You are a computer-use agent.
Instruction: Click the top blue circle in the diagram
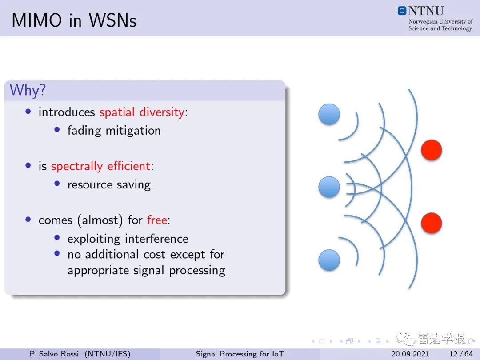click(x=329, y=114)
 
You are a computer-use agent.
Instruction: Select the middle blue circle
click(x=329, y=187)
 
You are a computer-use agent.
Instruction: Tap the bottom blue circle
click(x=329, y=260)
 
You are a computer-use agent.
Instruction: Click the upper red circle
click(x=431, y=150)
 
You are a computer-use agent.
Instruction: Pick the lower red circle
click(x=431, y=223)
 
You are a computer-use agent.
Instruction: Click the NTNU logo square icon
click(x=402, y=11)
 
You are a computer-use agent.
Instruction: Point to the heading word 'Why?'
click(x=28, y=91)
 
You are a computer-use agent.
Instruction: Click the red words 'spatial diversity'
click(x=142, y=112)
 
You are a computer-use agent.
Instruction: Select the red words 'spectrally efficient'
click(x=101, y=166)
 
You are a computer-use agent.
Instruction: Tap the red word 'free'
click(x=157, y=220)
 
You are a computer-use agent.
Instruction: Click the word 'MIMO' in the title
click(x=37, y=20)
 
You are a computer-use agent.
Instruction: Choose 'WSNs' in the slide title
click(x=112, y=20)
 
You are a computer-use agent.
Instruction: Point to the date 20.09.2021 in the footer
click(x=410, y=354)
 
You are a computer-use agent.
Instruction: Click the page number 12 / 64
click(x=461, y=354)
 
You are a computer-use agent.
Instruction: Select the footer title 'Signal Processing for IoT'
click(x=240, y=354)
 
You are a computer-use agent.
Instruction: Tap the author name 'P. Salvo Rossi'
click(x=54, y=354)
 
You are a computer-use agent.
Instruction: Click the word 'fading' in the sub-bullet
click(x=84, y=131)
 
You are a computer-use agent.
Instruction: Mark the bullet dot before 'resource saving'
click(x=57, y=184)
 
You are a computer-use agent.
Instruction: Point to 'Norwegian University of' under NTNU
click(x=440, y=21)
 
